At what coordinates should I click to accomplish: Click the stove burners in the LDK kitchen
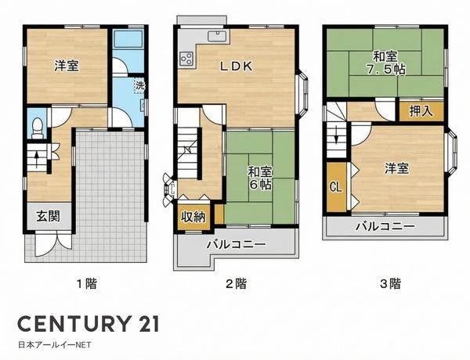pyautogui.click(x=187, y=57)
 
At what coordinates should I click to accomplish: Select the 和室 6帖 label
pyautogui.click(x=260, y=178)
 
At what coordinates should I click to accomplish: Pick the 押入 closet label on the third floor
pyautogui.click(x=420, y=111)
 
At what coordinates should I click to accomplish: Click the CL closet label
pyautogui.click(x=334, y=188)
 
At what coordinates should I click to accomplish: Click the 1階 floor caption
pyautogui.click(x=86, y=284)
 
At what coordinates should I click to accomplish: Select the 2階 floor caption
pyautogui.click(x=236, y=284)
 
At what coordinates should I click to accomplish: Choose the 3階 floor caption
pyautogui.click(x=389, y=284)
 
